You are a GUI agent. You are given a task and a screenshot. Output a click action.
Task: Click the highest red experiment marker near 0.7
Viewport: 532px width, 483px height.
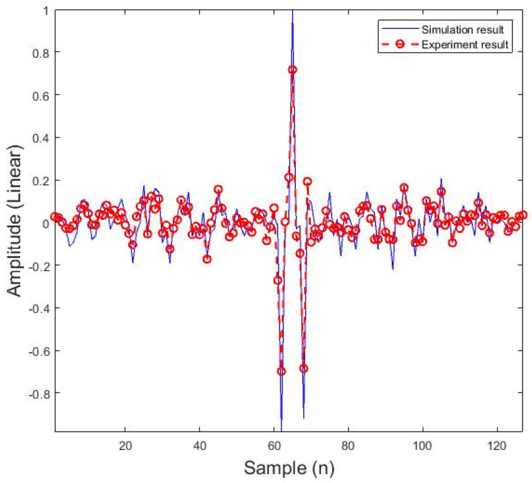(292, 70)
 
